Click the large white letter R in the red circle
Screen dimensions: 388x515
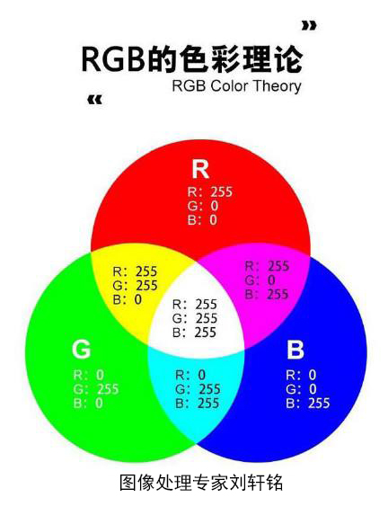200,169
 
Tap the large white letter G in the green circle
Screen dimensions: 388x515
81,349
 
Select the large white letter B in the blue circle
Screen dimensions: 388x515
295,349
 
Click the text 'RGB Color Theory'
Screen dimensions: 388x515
236,86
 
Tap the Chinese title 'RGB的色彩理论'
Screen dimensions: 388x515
191,59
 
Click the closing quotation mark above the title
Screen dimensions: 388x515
309,26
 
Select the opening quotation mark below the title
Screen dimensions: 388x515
95,100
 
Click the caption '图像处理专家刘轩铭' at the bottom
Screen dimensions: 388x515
201,482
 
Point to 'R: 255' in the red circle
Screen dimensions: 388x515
210,191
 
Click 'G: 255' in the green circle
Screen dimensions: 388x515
96,389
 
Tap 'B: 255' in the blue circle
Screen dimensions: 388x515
307,404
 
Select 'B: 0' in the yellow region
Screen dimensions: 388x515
128,299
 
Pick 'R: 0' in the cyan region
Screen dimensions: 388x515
190,375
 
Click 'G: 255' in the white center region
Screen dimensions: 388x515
195,318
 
